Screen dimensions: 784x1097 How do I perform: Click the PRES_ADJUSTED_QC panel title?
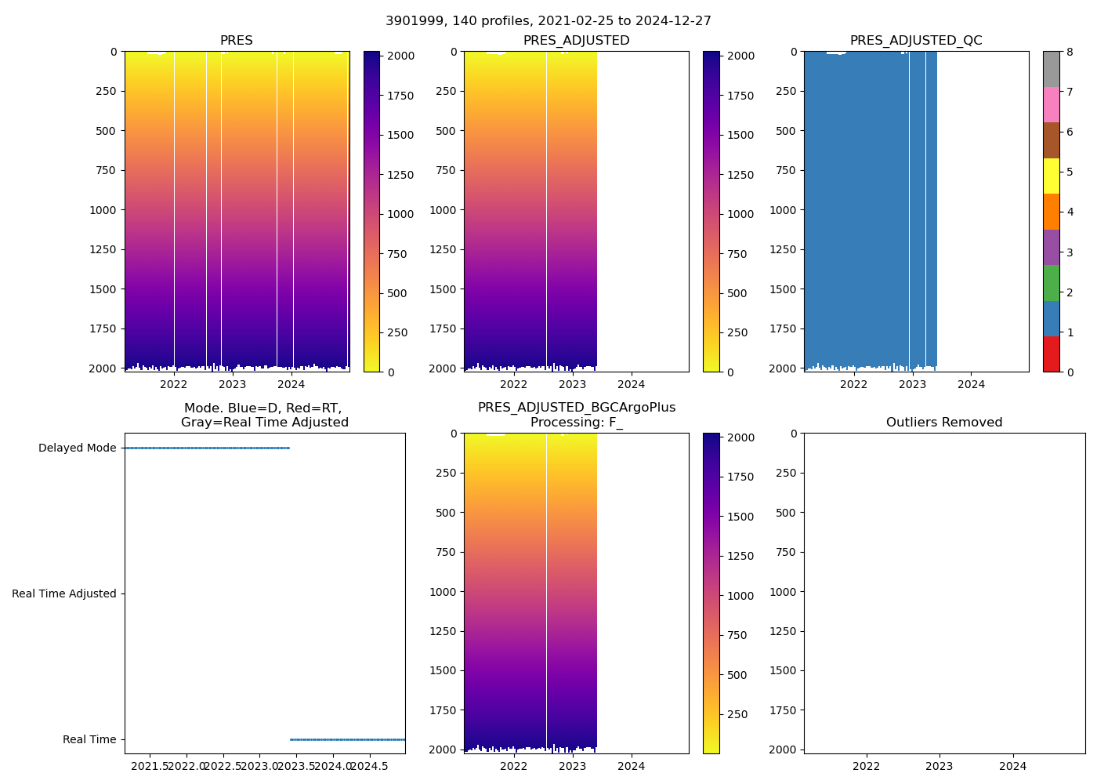click(x=916, y=41)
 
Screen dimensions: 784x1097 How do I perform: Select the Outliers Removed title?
click(x=944, y=423)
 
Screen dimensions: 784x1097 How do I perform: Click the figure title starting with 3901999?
click(x=548, y=21)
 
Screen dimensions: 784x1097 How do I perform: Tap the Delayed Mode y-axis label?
click(x=77, y=448)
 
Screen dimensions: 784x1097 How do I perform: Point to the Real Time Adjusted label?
click(x=63, y=594)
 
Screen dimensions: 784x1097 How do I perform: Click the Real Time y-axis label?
click(x=89, y=740)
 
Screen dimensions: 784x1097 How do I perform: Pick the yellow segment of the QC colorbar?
click(x=1051, y=176)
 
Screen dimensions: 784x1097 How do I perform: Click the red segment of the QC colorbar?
click(x=1051, y=354)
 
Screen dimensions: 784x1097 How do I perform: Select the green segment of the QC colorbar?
click(x=1051, y=283)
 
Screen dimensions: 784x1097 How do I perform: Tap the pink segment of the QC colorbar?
click(x=1051, y=104)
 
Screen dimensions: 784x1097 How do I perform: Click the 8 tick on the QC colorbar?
click(x=1070, y=53)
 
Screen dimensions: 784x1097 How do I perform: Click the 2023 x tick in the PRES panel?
click(x=233, y=384)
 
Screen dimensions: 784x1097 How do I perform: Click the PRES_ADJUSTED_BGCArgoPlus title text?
click(x=577, y=408)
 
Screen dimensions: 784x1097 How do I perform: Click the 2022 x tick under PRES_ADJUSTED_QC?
click(x=853, y=384)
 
